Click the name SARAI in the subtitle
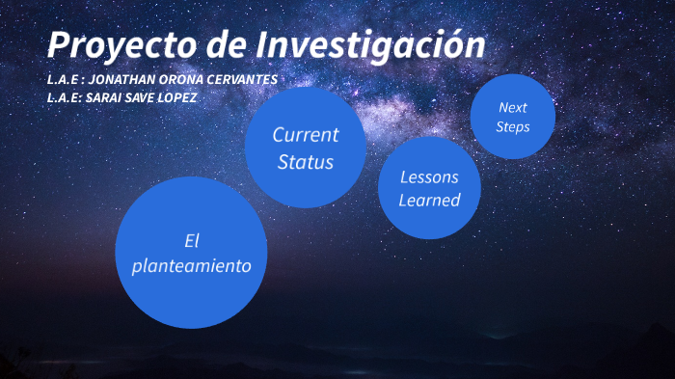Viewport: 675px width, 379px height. point(102,97)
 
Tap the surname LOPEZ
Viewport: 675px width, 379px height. point(176,97)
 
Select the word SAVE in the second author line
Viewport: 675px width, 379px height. point(138,97)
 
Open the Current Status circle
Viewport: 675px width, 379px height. point(305,147)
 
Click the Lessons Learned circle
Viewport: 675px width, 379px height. point(429,188)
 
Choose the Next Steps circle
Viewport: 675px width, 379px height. point(512,116)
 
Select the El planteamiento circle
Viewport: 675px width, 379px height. point(191,252)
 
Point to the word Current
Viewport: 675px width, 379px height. point(305,134)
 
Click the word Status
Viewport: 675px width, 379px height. point(305,161)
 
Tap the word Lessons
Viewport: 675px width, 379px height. point(429,177)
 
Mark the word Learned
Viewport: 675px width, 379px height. point(429,200)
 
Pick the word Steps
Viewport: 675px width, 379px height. point(512,126)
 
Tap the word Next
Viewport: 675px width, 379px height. point(512,107)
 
